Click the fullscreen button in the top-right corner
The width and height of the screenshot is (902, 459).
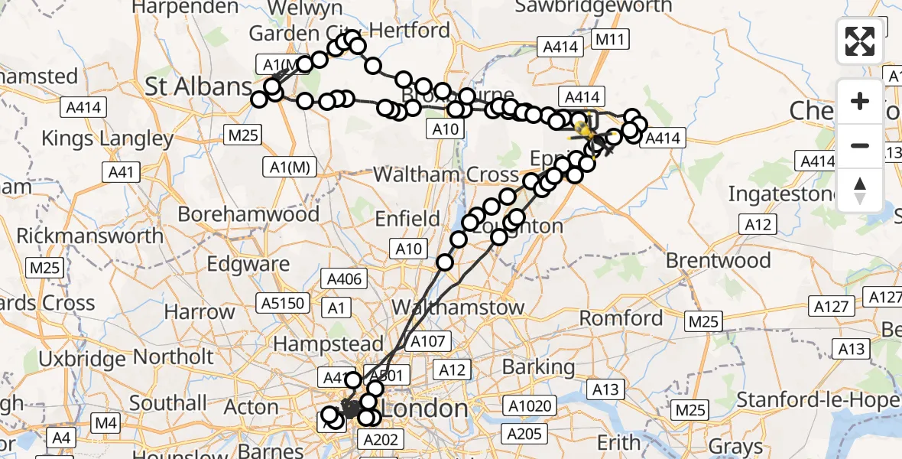pos(860,41)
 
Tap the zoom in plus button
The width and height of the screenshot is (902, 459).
pos(860,101)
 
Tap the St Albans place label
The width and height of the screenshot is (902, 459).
pos(199,86)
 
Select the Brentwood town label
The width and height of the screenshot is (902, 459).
pos(718,260)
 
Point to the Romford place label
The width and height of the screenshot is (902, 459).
pos(621,317)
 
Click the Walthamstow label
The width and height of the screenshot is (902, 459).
pos(458,308)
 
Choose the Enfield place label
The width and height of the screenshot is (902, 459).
pos(407,220)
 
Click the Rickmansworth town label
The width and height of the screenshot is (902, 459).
pos(89,235)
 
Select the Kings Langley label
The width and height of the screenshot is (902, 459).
pos(107,138)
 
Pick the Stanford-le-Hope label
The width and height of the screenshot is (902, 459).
pos(816,400)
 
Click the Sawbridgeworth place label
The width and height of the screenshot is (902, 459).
pos(593,8)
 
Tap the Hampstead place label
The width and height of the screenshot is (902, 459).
pos(328,344)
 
